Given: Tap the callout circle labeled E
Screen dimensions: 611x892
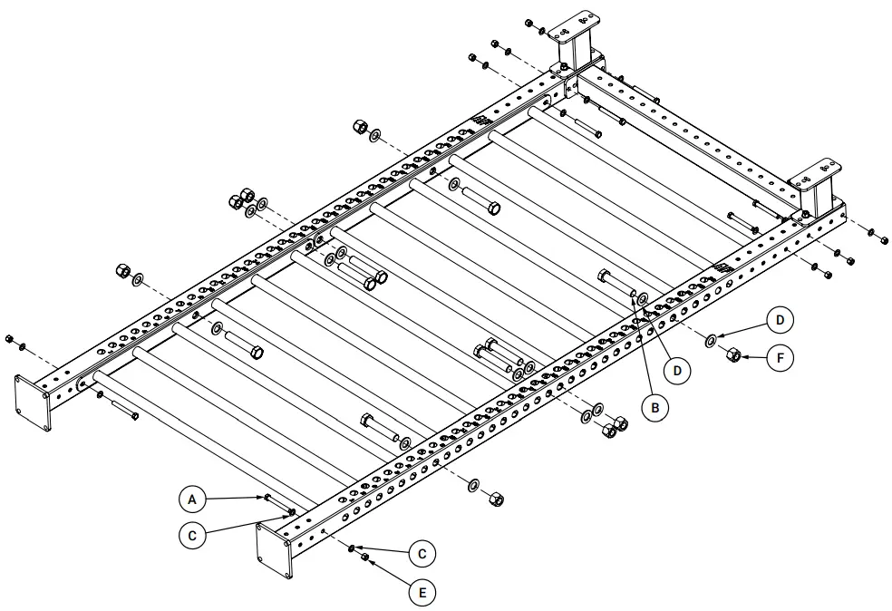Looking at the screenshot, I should pyautogui.click(x=421, y=593).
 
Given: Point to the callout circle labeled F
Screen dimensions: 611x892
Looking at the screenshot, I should pyautogui.click(x=780, y=358).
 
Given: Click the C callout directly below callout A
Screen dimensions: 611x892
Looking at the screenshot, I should pyautogui.click(x=192, y=535).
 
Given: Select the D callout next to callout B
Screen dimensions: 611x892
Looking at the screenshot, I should pyautogui.click(x=678, y=370).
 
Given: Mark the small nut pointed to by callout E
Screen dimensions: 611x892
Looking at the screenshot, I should pyautogui.click(x=364, y=558).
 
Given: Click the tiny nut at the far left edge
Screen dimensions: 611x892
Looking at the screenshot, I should pyautogui.click(x=9, y=339).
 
